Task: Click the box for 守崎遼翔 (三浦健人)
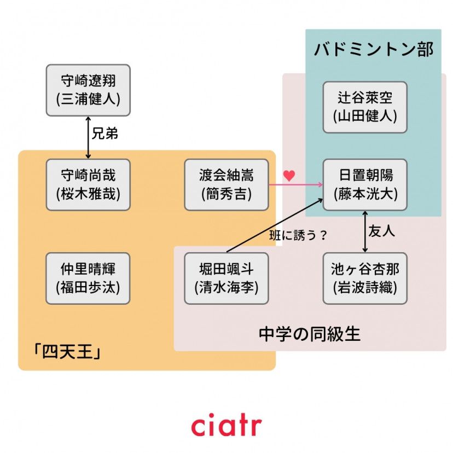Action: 88,90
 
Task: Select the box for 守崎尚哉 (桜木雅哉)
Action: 88,185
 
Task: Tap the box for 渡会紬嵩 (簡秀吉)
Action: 226,185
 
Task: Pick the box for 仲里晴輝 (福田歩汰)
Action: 88,278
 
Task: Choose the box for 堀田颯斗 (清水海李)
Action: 226,278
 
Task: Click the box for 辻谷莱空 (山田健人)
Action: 365,107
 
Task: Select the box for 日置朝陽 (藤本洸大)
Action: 365,185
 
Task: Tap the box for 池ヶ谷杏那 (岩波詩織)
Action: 365,278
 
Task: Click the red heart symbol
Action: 289,176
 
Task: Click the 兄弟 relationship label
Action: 104,134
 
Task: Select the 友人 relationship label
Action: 382,231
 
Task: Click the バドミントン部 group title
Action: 374,49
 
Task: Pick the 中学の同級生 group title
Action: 310,333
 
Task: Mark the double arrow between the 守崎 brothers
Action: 88,137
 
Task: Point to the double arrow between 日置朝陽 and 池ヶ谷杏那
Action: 365,231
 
